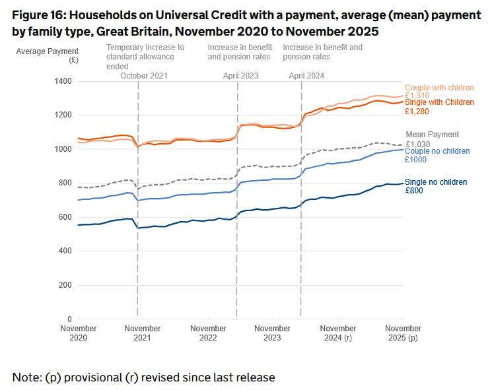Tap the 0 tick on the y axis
coord(69,319)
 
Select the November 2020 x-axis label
coord(78,333)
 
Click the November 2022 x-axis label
coord(208,333)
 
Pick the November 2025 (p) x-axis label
coord(402,333)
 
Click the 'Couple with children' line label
coord(439,88)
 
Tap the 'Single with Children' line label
coord(439,102)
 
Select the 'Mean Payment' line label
coord(432,135)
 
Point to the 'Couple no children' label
coord(437,151)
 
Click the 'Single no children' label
coord(435,182)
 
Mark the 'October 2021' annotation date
coord(144,76)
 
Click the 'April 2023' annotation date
coord(240,76)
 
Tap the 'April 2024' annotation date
coord(306,76)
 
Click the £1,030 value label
coord(418,144)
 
